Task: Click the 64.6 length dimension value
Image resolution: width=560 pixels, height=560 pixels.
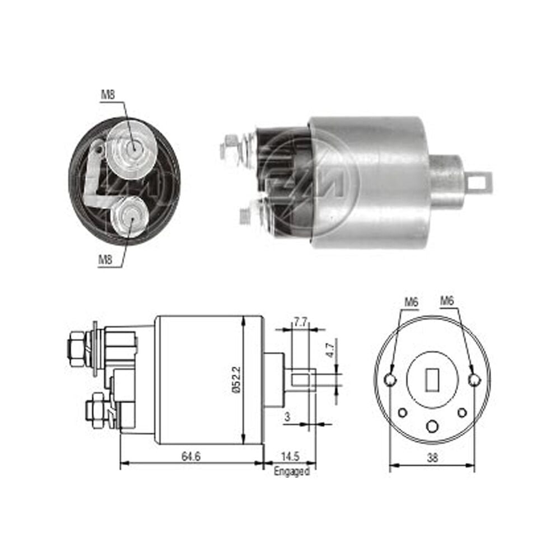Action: click(191, 456)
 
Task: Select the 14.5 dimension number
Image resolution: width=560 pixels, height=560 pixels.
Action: click(290, 456)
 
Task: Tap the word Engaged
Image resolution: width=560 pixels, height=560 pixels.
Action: click(291, 472)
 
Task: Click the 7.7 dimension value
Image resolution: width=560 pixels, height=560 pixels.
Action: click(300, 323)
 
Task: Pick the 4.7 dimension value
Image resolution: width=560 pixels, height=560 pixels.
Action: click(330, 351)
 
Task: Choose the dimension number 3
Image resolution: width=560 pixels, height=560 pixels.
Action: click(288, 417)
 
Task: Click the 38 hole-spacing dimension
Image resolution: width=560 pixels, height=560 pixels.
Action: click(432, 458)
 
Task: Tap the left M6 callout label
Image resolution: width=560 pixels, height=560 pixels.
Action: click(411, 302)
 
